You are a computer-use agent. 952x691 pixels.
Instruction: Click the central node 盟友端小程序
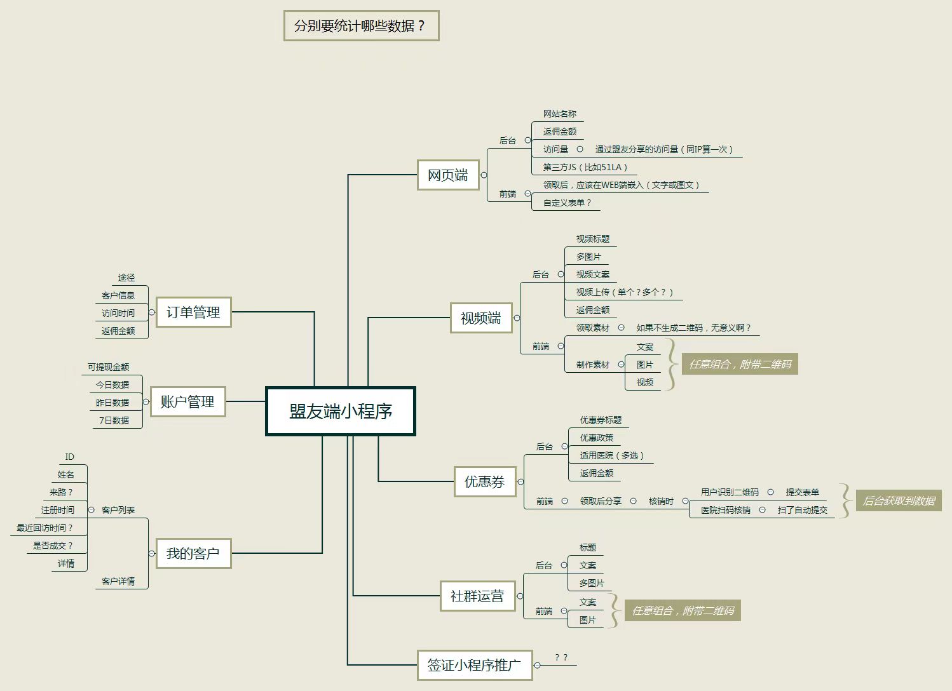coord(341,411)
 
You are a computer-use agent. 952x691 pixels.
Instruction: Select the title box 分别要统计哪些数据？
coord(361,26)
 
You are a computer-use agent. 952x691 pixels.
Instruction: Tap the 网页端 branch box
coord(448,175)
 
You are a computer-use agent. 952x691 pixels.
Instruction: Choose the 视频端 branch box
coord(481,318)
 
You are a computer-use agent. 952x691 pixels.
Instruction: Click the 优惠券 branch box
coord(485,481)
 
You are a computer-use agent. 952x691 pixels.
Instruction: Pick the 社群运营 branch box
coord(477,596)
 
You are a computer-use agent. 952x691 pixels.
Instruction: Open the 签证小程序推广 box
coord(474,665)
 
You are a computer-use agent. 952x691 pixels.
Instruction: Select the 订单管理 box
coord(193,312)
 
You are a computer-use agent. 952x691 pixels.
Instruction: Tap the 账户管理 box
coord(187,402)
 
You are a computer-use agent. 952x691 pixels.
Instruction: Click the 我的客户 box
coord(193,553)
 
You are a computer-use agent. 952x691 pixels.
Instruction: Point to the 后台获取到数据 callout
coord(899,500)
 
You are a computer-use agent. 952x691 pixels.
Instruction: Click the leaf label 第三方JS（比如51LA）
coord(585,167)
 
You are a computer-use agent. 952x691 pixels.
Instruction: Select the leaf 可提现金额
coord(109,367)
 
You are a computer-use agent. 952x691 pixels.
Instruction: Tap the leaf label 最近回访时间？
coord(44,528)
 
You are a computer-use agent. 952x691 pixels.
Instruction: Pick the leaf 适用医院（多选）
coord(612,455)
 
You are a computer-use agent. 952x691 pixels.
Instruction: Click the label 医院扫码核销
coord(726,509)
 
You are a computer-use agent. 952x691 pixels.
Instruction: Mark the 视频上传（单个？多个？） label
coord(625,292)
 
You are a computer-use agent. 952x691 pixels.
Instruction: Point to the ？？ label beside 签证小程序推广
coord(561,657)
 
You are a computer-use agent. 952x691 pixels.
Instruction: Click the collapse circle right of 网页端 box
coord(484,175)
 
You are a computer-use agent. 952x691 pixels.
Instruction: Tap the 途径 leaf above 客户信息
coord(126,278)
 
